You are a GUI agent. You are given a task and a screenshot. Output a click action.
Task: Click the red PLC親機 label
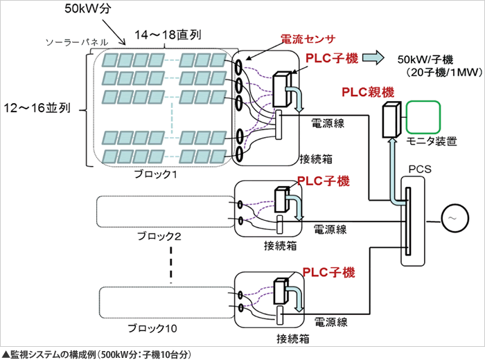pos(369,92)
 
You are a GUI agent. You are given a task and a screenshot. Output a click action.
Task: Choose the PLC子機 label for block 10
pos(328,272)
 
